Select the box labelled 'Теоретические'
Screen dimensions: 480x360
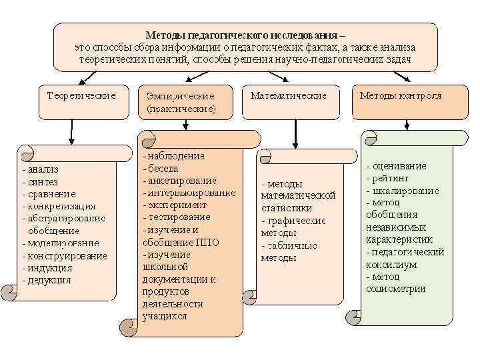[81, 96]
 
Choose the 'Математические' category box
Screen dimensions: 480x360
[289, 96]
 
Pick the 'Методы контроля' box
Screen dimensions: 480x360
[401, 96]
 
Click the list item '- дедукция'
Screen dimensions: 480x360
[46, 279]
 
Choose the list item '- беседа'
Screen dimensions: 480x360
[163, 168]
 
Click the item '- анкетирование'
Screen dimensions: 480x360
[179, 180]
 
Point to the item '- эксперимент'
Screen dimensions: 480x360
[175, 205]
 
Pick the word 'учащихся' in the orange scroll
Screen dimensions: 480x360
[165, 316]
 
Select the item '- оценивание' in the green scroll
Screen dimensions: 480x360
[396, 166]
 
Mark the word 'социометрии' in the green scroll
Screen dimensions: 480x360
[396, 289]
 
